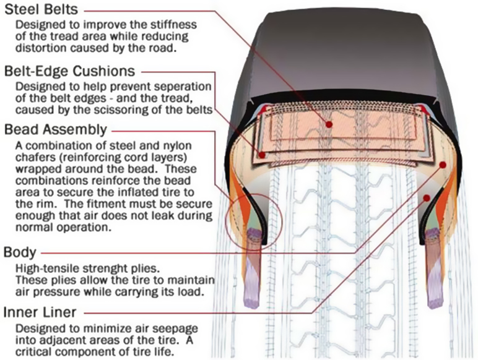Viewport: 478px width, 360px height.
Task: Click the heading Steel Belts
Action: point(41,10)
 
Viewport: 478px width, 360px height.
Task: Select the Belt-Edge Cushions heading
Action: point(70,71)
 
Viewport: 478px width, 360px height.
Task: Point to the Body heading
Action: point(20,253)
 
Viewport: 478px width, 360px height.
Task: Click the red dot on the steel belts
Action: point(329,124)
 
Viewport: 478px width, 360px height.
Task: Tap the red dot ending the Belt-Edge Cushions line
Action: point(262,155)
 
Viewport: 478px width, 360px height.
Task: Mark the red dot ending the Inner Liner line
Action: point(427,199)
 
